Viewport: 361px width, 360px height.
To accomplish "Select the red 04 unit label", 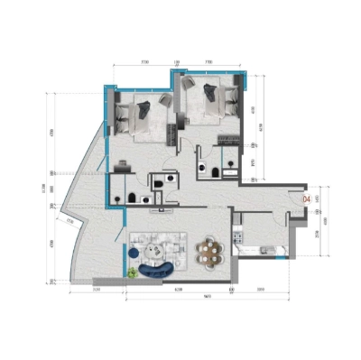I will click(307, 196).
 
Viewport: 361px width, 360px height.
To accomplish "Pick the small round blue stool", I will click(133, 271).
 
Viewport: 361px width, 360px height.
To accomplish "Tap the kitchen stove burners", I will click(238, 236).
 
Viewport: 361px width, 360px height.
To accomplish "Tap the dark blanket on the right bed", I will click(212, 92).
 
